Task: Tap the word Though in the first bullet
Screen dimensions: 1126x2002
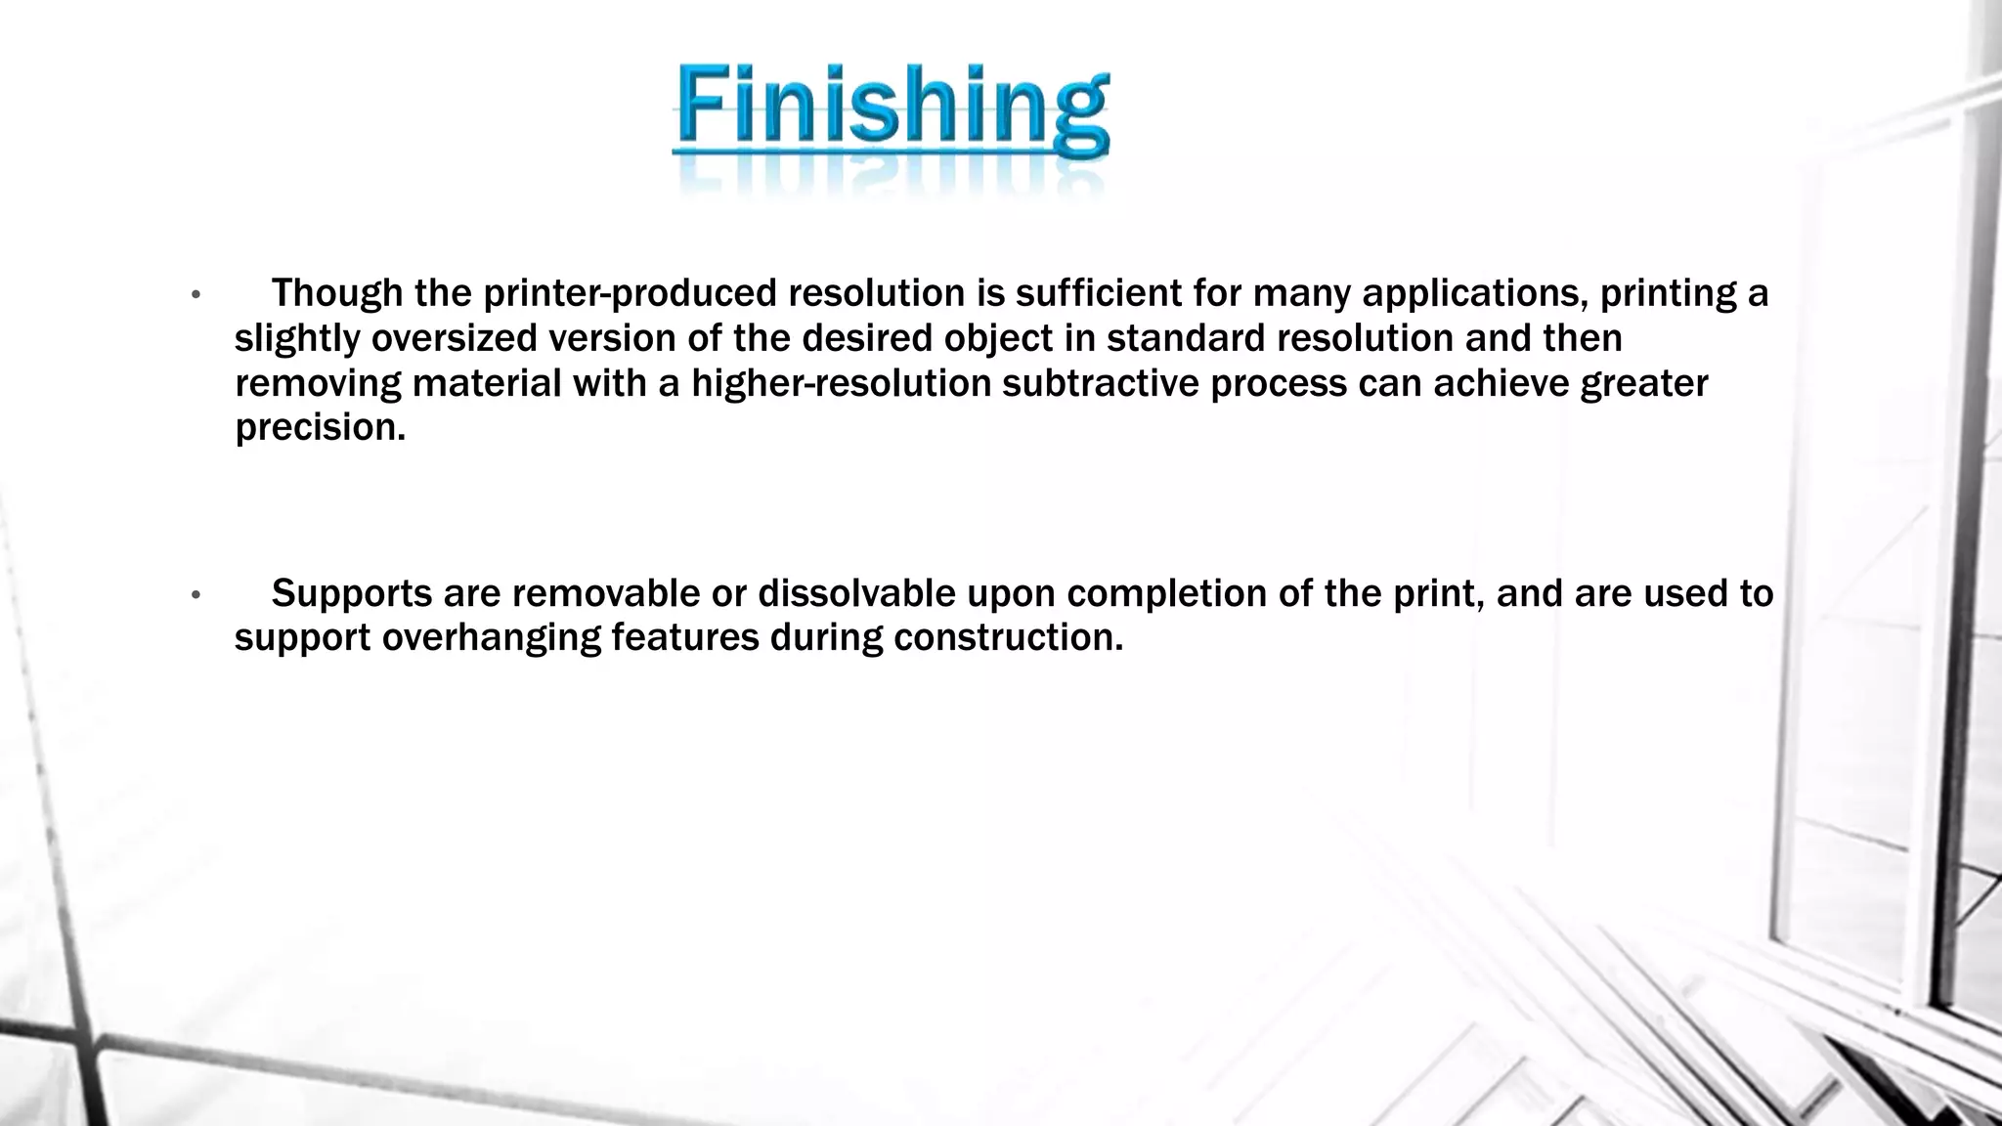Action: pyautogui.click(x=336, y=293)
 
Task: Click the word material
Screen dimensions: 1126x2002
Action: pyautogui.click(x=487, y=383)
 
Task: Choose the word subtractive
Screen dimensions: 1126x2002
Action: pyautogui.click(x=1100, y=383)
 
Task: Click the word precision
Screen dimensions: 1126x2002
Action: pyautogui.click(x=320, y=428)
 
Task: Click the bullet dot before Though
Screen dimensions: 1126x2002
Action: pyautogui.click(x=196, y=294)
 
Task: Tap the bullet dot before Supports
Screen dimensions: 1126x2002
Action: pyautogui.click(x=196, y=594)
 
